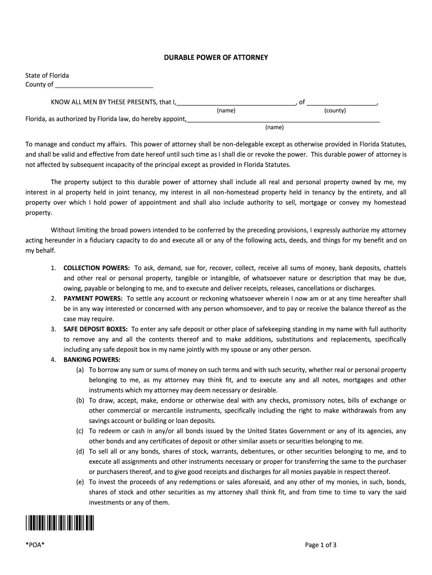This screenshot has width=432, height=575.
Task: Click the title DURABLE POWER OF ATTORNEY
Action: [x=215, y=58]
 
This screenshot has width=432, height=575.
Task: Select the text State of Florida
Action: [x=47, y=75]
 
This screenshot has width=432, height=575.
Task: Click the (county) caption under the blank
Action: [x=335, y=111]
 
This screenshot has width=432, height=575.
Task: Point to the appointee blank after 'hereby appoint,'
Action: [x=283, y=120]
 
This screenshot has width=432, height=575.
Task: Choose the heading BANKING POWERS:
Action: [x=91, y=359]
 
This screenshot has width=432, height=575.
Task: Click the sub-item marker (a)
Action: [x=80, y=370]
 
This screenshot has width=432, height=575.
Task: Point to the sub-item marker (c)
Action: [x=80, y=431]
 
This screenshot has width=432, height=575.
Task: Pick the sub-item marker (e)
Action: [x=80, y=482]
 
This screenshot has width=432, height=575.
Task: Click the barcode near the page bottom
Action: [x=59, y=522]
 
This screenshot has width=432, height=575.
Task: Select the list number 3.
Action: [x=53, y=329]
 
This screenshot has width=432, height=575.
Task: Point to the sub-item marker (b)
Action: [x=80, y=400]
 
